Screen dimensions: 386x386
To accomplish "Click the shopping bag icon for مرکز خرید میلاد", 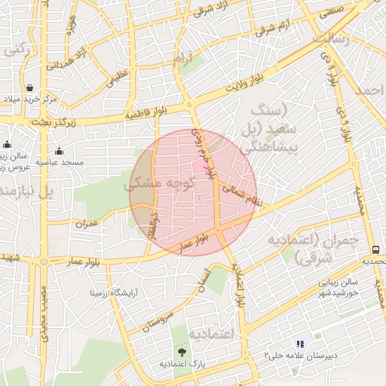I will click(29, 87).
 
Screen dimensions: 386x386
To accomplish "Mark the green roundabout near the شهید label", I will click(42, 262).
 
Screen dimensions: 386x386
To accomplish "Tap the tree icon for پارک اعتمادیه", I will click(181, 351).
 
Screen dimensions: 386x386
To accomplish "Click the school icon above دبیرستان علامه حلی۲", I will click(299, 343).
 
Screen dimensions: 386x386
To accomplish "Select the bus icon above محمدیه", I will click(375, 250).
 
